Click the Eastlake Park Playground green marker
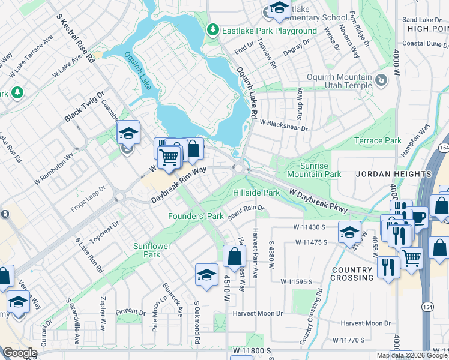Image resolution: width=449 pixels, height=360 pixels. [212, 30]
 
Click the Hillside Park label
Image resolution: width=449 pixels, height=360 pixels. [256, 193]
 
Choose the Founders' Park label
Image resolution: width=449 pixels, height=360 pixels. [196, 216]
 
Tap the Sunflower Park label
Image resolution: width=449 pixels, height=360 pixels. [152, 250]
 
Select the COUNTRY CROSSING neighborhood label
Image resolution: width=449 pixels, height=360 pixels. [352, 274]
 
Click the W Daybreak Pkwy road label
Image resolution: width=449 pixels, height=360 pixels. [319, 200]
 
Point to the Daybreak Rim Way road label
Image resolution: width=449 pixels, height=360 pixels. [178, 184]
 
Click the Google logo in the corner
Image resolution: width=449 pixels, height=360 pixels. [19, 353]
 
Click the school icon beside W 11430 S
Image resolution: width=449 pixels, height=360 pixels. [349, 233]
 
